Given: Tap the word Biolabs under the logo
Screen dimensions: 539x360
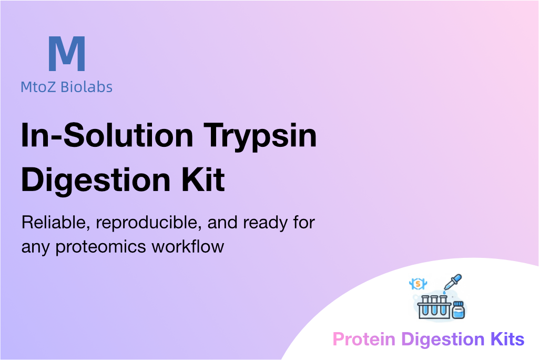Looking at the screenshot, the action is pos(86,87).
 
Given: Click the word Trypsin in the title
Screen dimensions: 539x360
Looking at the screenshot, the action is pos(260,137).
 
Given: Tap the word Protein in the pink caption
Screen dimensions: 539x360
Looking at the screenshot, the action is pos(364,339).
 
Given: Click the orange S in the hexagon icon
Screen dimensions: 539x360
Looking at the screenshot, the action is pos(418,284).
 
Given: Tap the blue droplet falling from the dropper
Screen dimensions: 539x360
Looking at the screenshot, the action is pos(444,293).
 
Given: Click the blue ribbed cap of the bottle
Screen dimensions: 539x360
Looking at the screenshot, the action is pos(458,304).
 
